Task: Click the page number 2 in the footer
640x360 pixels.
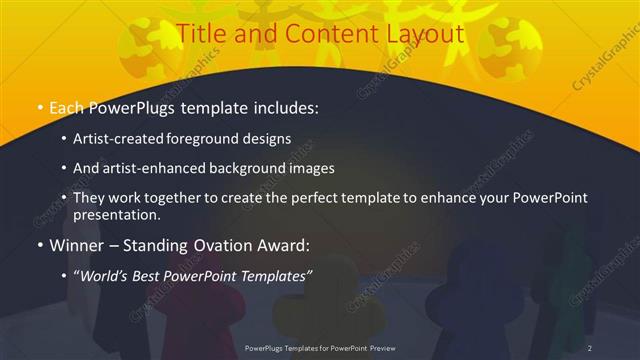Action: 590,347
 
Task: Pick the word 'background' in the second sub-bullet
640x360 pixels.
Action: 256,168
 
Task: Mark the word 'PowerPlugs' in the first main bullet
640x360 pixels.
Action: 137,107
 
